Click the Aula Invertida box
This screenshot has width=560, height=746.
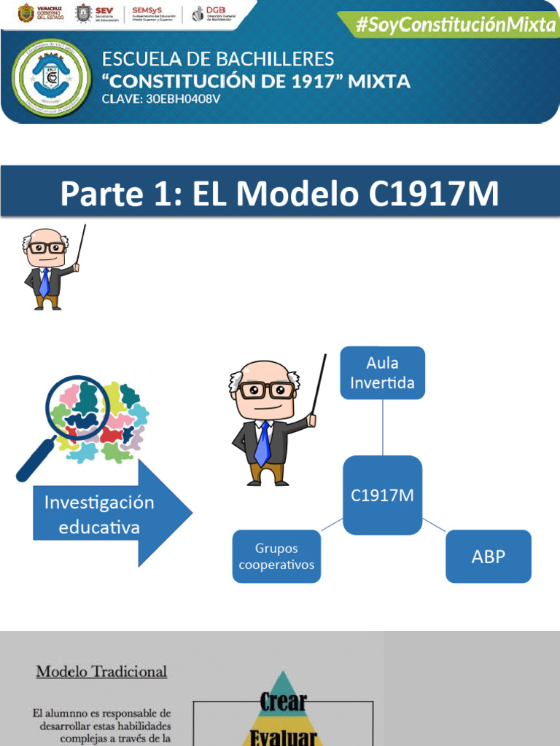[382, 373]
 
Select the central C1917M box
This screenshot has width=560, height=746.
[382, 495]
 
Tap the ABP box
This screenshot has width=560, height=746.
[488, 557]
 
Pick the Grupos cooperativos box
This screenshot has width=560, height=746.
[276, 557]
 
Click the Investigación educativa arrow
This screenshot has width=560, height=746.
[109, 514]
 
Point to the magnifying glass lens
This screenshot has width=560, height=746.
[77, 405]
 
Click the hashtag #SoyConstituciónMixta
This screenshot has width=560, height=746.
[455, 25]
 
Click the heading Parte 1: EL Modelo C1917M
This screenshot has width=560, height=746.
[280, 195]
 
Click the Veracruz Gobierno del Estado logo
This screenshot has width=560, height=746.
[36, 14]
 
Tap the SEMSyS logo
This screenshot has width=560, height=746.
[154, 14]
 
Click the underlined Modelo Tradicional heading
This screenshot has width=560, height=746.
[101, 671]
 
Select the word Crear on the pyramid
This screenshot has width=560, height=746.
[283, 702]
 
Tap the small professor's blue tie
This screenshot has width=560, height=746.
[44, 283]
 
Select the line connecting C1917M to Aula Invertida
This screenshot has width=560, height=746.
[382, 428]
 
